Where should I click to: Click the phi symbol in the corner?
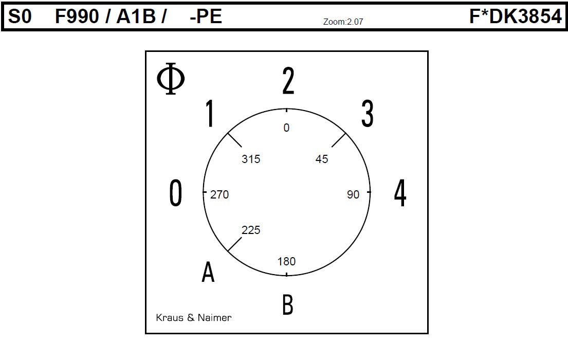pos(171,78)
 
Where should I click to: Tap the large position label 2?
pos(288,81)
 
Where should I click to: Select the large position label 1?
pos(209,113)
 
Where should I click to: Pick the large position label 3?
pos(368,114)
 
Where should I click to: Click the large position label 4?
pos(400,193)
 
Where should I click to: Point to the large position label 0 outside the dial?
pos(176,193)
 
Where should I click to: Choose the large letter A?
pos(208,272)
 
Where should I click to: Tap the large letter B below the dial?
pos(288,304)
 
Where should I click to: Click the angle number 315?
pos(251,159)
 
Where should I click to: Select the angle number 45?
pos(322,159)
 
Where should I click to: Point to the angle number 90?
pos(353,195)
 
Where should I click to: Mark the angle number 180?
pos(286,261)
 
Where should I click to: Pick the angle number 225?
pos(251,230)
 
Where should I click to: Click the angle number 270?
pos(219,195)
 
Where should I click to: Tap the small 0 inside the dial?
pos(286,128)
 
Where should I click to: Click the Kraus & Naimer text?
pos(193,318)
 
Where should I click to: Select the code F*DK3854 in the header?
pos(516,16)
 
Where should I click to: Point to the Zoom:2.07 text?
pos(343,22)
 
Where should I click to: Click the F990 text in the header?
pos(77,16)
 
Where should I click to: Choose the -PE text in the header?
pos(206,16)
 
